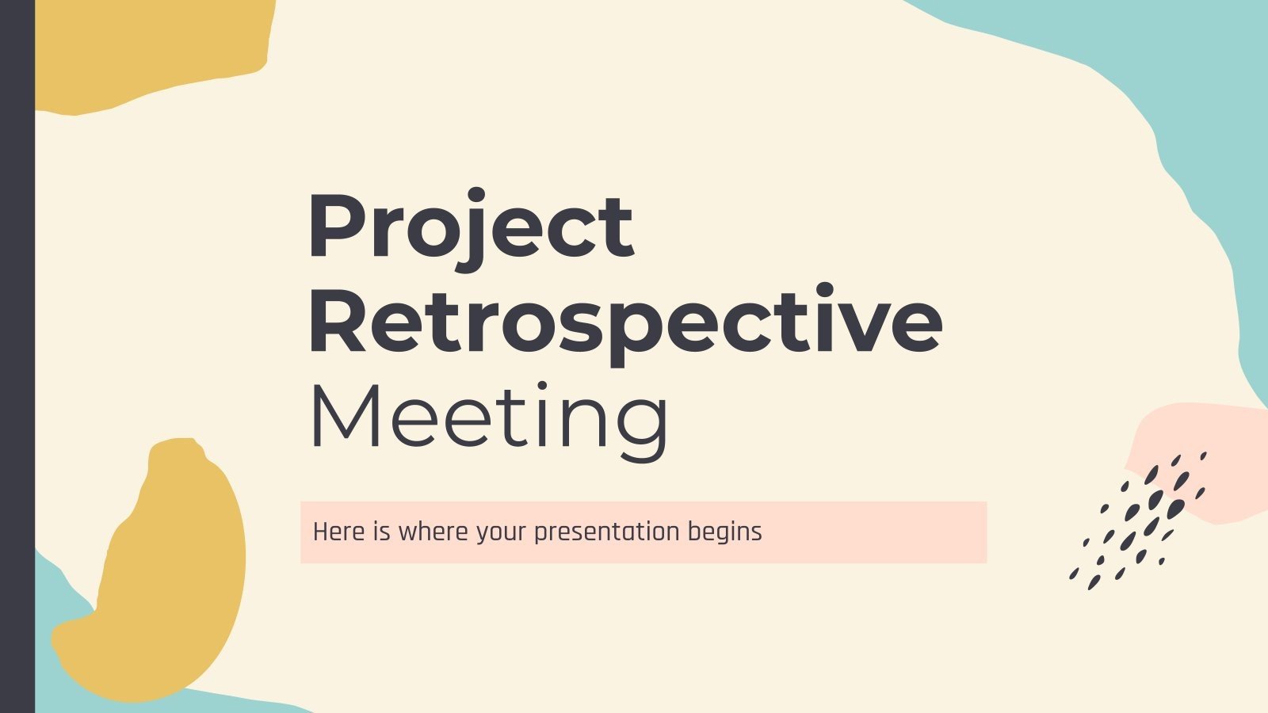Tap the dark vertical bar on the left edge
click(17, 356)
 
